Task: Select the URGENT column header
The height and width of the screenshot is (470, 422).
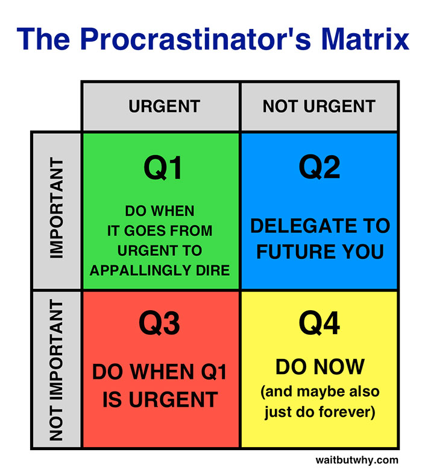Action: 163,107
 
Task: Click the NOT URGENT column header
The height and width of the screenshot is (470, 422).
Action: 319,107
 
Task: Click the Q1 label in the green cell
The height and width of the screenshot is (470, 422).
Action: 163,168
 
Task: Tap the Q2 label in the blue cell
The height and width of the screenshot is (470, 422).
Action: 320,168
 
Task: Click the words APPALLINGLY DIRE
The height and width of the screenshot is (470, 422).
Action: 160,270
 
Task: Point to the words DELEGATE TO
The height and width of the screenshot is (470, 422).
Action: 320,226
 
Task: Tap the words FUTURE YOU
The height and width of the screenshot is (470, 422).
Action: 320,251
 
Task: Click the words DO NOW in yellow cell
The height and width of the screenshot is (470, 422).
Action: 320,366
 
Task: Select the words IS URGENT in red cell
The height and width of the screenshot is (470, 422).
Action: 160,399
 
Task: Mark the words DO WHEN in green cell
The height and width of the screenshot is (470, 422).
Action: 160,211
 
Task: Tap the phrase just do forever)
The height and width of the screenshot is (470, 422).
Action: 320,413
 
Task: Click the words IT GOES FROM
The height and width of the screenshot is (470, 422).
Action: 160,230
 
